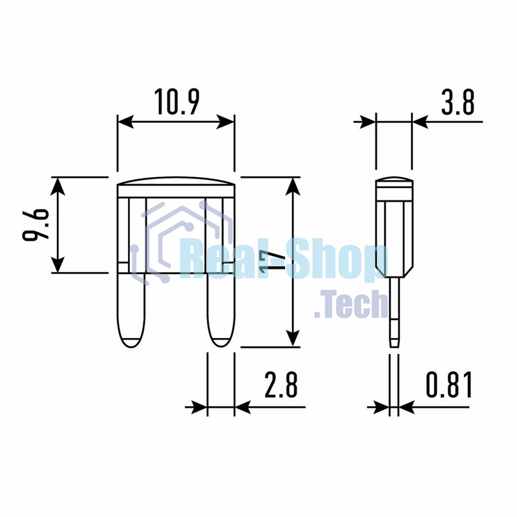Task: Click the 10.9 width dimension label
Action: point(176,102)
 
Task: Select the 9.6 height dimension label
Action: point(36,225)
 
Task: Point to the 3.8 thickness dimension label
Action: point(458,102)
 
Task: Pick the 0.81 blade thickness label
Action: point(449,385)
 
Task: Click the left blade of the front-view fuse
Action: point(132,310)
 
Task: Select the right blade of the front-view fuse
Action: point(221,310)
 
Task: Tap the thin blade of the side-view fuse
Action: point(394,312)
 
